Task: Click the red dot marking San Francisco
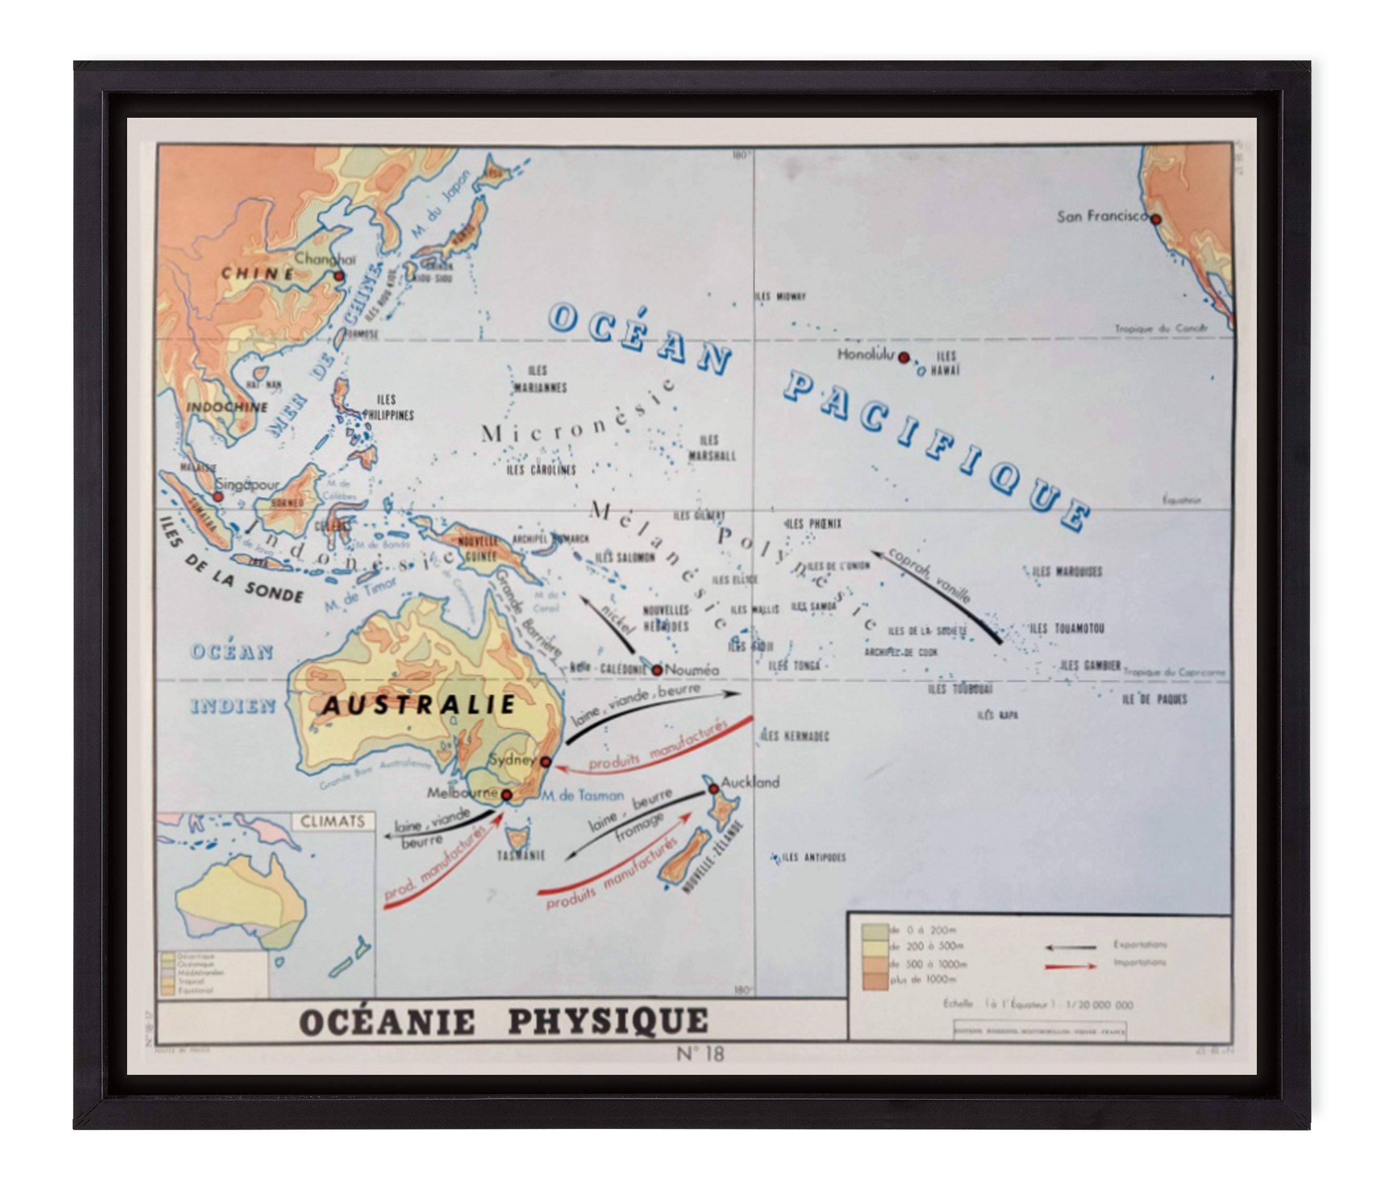point(1155,219)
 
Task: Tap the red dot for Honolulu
point(903,357)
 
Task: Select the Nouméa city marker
point(657,670)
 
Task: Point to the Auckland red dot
point(714,789)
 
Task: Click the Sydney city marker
point(546,762)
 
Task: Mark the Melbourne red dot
point(506,795)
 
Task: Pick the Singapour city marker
point(217,497)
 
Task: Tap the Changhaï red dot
point(339,276)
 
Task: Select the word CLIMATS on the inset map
point(332,821)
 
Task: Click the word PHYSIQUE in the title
point(607,1021)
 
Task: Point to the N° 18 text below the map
point(700,1053)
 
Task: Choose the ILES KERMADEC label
point(796,736)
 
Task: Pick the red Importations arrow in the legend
point(1070,966)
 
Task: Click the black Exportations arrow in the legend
point(1070,947)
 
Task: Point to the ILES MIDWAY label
point(781,296)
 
